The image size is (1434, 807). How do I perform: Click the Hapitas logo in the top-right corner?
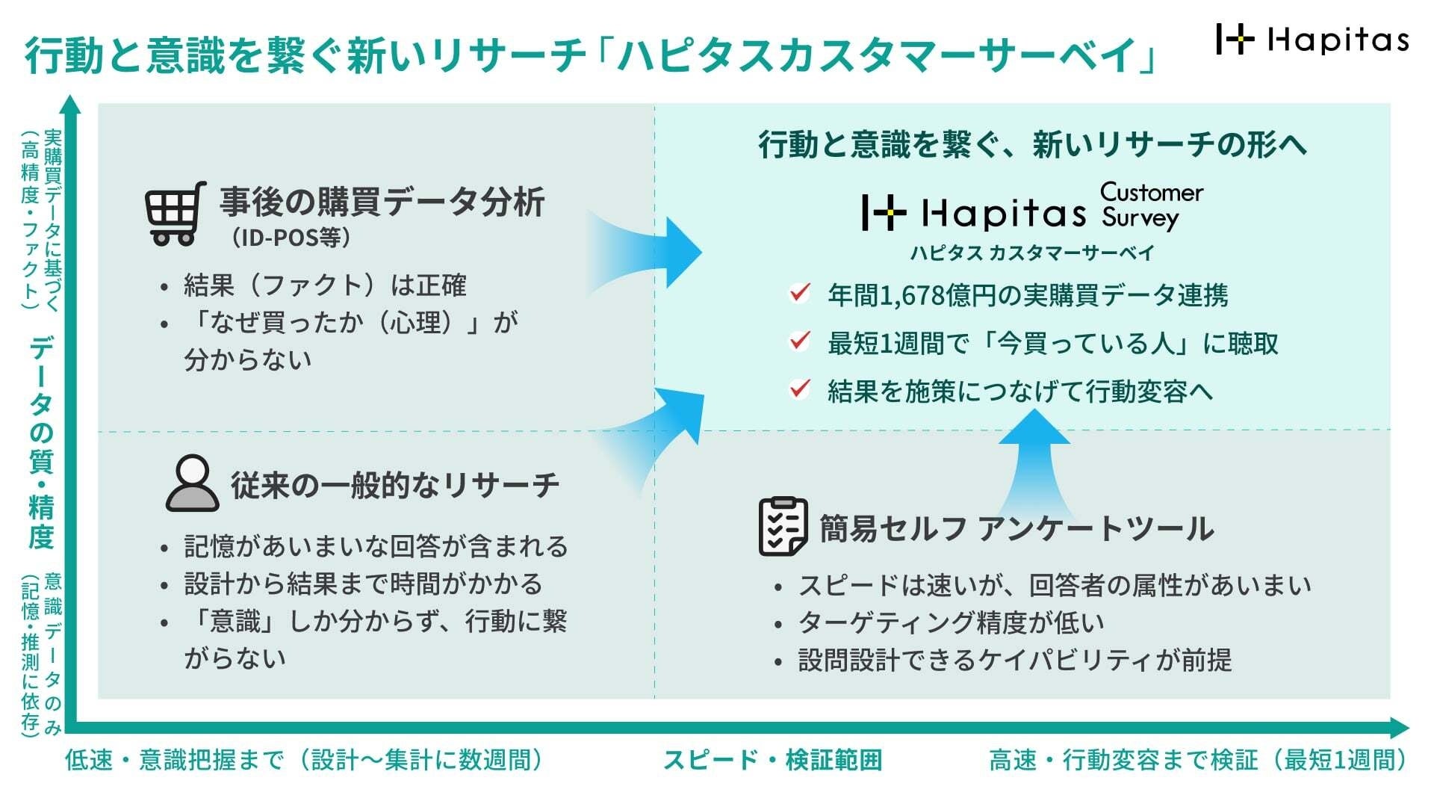tap(1312, 39)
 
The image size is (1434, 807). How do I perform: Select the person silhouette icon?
tap(192, 483)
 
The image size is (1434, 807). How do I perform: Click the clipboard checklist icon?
tap(783, 527)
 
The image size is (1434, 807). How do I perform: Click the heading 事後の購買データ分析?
tap(382, 202)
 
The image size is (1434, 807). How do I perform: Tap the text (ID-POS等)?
tap(291, 238)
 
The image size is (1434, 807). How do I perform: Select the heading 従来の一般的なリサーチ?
tap(394, 485)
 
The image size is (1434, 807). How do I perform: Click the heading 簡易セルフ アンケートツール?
tap(1016, 529)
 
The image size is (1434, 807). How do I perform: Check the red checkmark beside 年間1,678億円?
tap(799, 293)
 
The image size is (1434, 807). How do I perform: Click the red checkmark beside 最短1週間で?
tap(799, 341)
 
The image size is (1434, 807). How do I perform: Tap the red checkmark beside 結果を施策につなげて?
tap(799, 389)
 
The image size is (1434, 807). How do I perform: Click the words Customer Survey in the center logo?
tap(1151, 205)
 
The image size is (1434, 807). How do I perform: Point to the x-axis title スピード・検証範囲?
tap(772, 761)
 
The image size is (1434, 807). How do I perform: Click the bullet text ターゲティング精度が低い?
tap(951, 622)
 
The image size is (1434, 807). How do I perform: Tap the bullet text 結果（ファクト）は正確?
tap(325, 285)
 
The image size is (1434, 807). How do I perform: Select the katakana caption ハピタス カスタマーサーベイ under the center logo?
tap(1032, 253)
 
